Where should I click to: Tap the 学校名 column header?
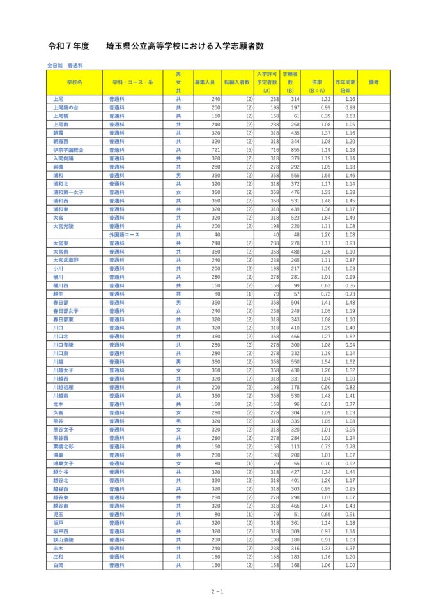point(74,82)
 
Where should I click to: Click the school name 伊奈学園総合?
point(68,150)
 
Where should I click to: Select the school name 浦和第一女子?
point(68,192)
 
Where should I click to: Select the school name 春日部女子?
point(66,311)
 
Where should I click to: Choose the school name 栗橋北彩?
point(63,446)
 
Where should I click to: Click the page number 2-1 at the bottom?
point(217,592)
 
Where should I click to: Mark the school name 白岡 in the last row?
point(58,565)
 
